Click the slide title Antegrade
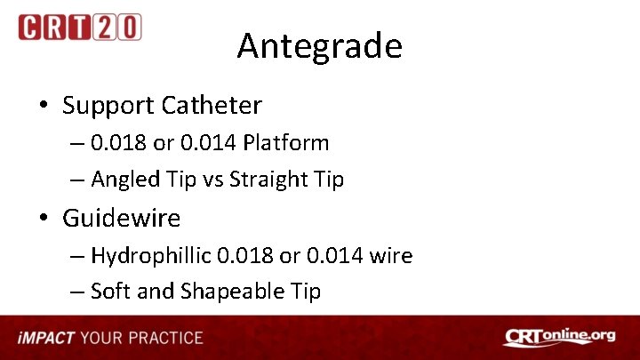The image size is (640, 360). click(319, 45)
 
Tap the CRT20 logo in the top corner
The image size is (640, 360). click(79, 27)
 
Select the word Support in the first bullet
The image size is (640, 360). click(108, 106)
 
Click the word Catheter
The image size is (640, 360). click(212, 106)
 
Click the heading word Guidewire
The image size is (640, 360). click(122, 218)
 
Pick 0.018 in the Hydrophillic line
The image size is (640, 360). click(243, 256)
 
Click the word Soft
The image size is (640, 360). click(110, 292)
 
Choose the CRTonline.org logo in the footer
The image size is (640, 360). click(559, 337)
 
